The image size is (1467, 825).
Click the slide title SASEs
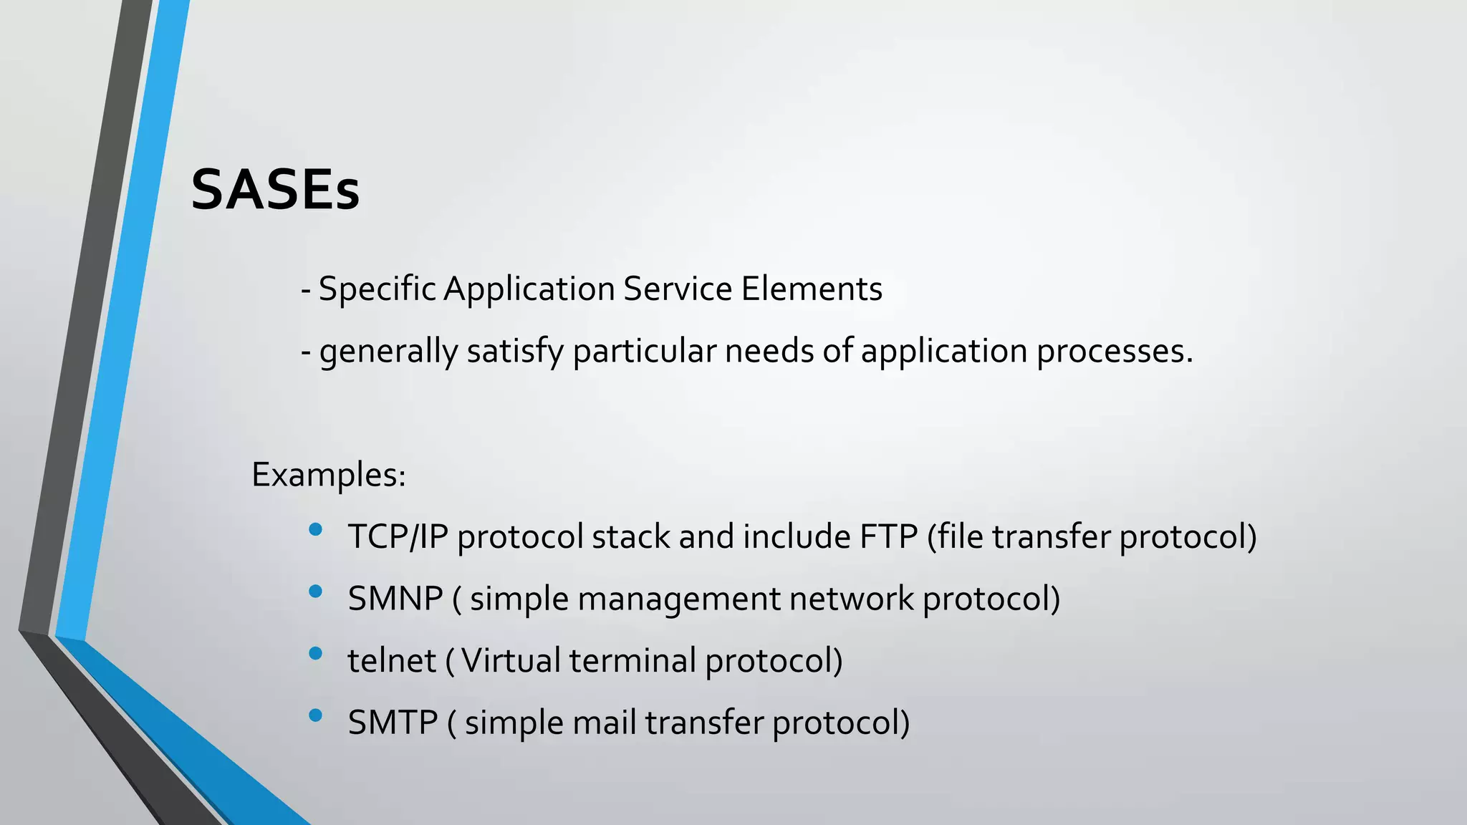pos(275,190)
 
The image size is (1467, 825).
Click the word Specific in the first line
pos(377,289)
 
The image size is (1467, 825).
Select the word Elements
pos(812,289)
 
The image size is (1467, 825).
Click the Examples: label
pos(329,475)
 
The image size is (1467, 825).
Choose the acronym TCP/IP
pos(398,537)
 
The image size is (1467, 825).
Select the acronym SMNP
pos(395,599)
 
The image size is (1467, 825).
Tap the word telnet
pos(392,661)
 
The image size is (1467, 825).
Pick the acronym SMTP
pos(393,723)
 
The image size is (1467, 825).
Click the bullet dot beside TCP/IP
pos(315,530)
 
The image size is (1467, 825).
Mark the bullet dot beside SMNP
pos(315,592)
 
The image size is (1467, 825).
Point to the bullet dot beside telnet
pos(315,653)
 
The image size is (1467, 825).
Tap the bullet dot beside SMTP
pos(315,715)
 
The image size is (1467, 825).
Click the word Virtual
pos(511,661)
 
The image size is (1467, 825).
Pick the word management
pos(679,599)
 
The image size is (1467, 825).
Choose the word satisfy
pos(515,352)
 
